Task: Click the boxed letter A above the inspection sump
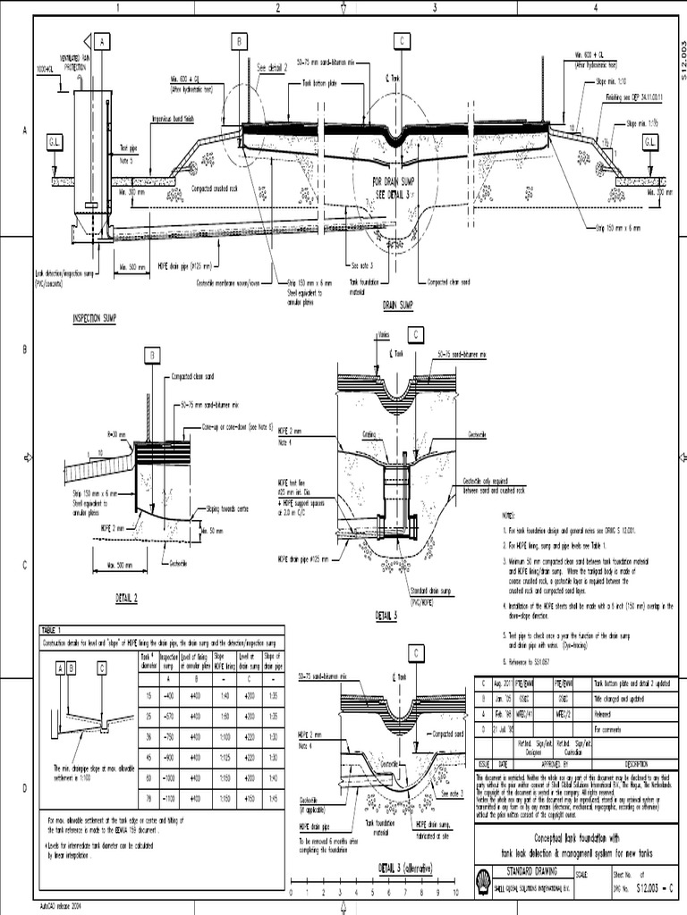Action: pos(103,42)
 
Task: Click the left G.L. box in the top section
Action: pos(54,142)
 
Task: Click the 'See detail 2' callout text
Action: pos(274,68)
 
